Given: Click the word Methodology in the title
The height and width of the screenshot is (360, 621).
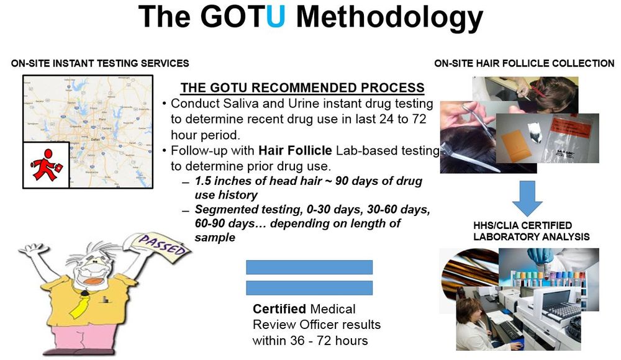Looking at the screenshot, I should click(x=389, y=18).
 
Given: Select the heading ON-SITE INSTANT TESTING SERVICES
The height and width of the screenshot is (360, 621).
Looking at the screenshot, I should click(x=100, y=63).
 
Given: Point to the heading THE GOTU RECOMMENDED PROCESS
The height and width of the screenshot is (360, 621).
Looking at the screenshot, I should click(x=302, y=88).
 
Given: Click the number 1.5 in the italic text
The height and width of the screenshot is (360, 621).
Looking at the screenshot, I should click(x=204, y=181).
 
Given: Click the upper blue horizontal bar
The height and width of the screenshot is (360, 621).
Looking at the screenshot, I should click(x=309, y=267).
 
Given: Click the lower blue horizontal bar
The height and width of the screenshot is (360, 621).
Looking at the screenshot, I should click(x=309, y=288).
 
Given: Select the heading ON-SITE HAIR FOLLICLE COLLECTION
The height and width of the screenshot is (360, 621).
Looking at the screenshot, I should click(x=525, y=63).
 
